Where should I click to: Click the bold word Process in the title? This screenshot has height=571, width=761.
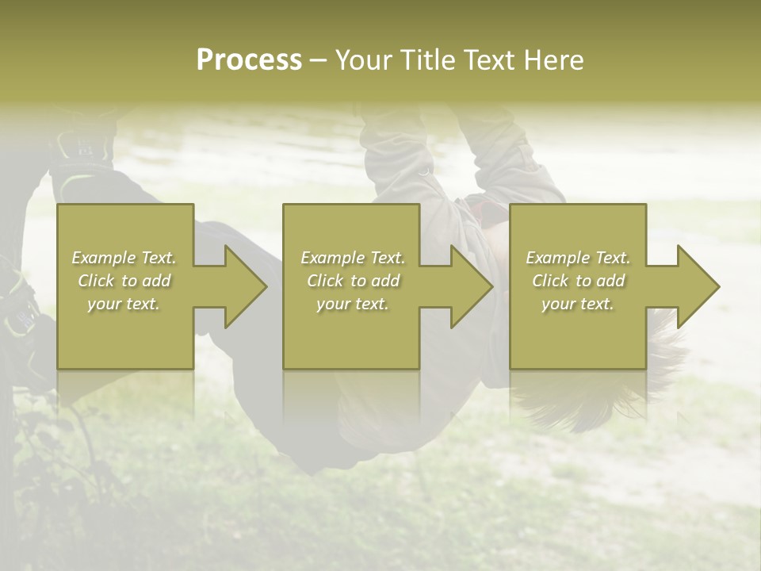point(249,60)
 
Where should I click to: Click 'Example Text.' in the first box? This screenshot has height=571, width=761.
point(124,258)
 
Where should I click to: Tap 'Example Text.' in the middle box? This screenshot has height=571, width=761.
point(352,258)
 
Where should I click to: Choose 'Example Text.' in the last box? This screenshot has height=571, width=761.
point(578,258)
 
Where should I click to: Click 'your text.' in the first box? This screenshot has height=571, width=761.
point(124,304)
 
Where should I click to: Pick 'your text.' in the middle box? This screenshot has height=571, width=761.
point(352,304)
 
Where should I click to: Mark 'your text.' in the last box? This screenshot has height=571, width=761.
point(578,304)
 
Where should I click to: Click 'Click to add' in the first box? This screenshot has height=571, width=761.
point(124,281)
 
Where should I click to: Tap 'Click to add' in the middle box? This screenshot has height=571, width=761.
point(352,281)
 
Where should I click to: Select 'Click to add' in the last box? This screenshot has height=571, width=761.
point(578,281)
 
